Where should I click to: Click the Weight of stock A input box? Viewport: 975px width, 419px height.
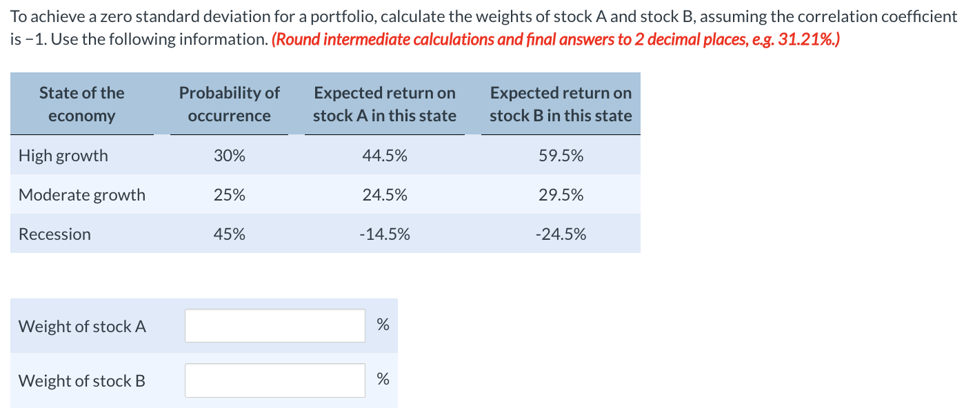pyautogui.click(x=274, y=326)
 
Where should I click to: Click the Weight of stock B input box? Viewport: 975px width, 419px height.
pyautogui.click(x=274, y=380)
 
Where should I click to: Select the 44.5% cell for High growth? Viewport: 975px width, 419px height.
pyautogui.click(x=384, y=156)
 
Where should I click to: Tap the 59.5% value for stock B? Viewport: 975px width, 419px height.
pyautogui.click(x=561, y=156)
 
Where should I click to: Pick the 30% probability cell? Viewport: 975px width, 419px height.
pyautogui.click(x=229, y=156)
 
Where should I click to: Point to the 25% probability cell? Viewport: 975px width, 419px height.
pyautogui.click(x=229, y=195)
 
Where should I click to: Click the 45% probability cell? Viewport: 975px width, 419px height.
pyautogui.click(x=229, y=234)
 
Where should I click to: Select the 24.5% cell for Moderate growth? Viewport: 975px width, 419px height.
pyautogui.click(x=384, y=195)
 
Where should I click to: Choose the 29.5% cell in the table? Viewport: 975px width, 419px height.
pyautogui.click(x=561, y=195)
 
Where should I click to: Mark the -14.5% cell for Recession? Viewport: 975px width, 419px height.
pyautogui.click(x=384, y=234)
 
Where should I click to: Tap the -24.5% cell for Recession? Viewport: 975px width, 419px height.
pyautogui.click(x=561, y=234)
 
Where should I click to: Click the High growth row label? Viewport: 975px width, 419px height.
pyautogui.click(x=63, y=156)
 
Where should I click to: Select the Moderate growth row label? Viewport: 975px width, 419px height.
pyautogui.click(x=82, y=195)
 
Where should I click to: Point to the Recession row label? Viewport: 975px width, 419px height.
pyautogui.click(x=54, y=234)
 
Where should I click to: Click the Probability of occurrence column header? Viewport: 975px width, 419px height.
pyautogui.click(x=229, y=104)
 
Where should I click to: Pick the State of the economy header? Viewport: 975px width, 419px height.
pyautogui.click(x=81, y=104)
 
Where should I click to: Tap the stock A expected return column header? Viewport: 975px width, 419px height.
pyautogui.click(x=384, y=104)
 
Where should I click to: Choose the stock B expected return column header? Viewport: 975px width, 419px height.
pyautogui.click(x=561, y=104)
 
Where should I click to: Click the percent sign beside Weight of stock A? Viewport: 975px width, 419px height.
pyautogui.click(x=383, y=325)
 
